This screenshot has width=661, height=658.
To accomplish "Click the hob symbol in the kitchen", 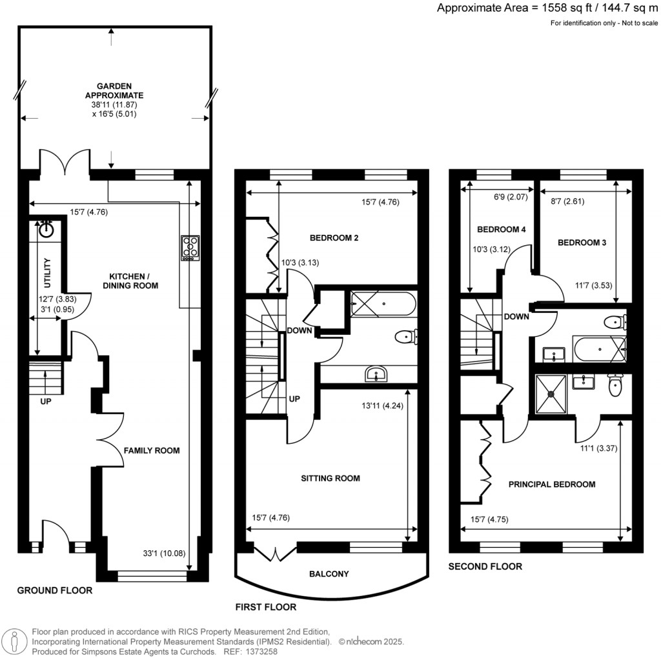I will tap(190, 248).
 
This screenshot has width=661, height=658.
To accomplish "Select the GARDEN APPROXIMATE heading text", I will tap(114, 90).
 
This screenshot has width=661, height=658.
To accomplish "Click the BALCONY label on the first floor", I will tap(329, 573).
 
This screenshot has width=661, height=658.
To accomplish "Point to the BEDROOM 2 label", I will tap(334, 238).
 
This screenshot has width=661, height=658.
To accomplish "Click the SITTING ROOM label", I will tap(330, 478).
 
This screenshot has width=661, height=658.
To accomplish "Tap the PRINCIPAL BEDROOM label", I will tap(552, 484).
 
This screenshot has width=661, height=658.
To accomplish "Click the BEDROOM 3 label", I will tap(582, 243).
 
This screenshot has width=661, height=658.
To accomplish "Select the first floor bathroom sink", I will tap(376, 374).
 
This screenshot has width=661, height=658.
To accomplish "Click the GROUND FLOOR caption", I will tap(54, 590).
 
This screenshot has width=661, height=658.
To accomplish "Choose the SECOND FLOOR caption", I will tap(485, 566).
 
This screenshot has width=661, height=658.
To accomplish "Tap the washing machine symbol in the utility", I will tap(46, 230).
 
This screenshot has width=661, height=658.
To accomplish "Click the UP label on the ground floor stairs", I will tap(45, 401).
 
